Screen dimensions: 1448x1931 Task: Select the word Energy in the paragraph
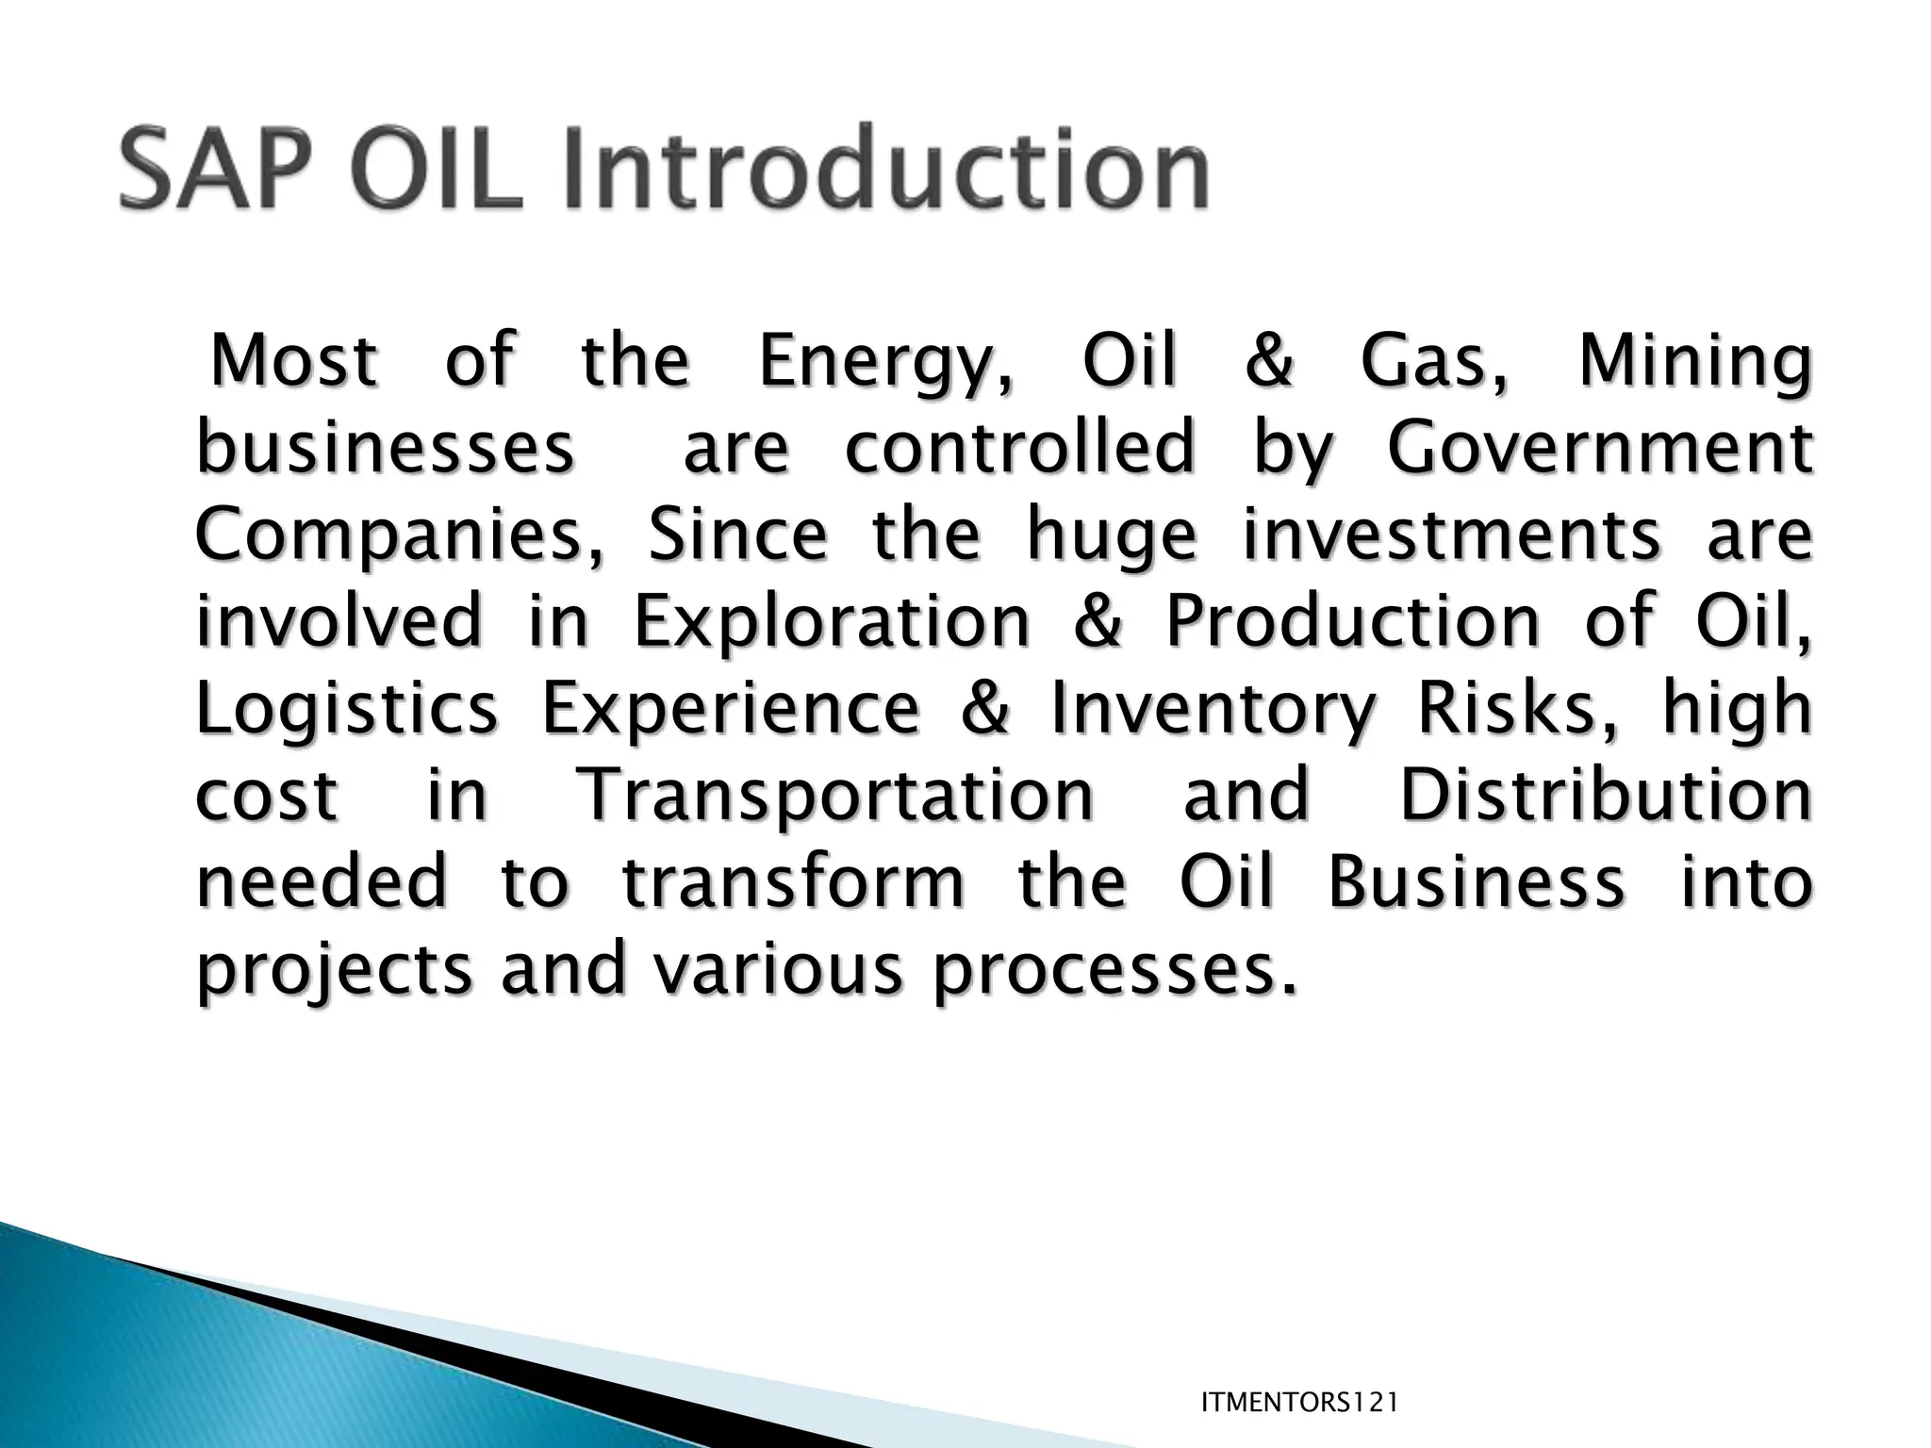point(884,362)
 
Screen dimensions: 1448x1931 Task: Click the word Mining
point(1694,362)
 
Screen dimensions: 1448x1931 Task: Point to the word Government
point(1599,449)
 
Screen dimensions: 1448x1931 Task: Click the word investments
point(1451,535)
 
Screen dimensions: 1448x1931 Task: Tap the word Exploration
point(832,622)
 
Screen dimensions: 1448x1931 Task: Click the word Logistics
point(346,709)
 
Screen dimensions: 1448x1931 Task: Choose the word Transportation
point(834,796)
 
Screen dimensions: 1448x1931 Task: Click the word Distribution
point(1605,796)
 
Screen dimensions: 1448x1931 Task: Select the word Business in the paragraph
point(1477,882)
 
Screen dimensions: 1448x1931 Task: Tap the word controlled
point(1019,449)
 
